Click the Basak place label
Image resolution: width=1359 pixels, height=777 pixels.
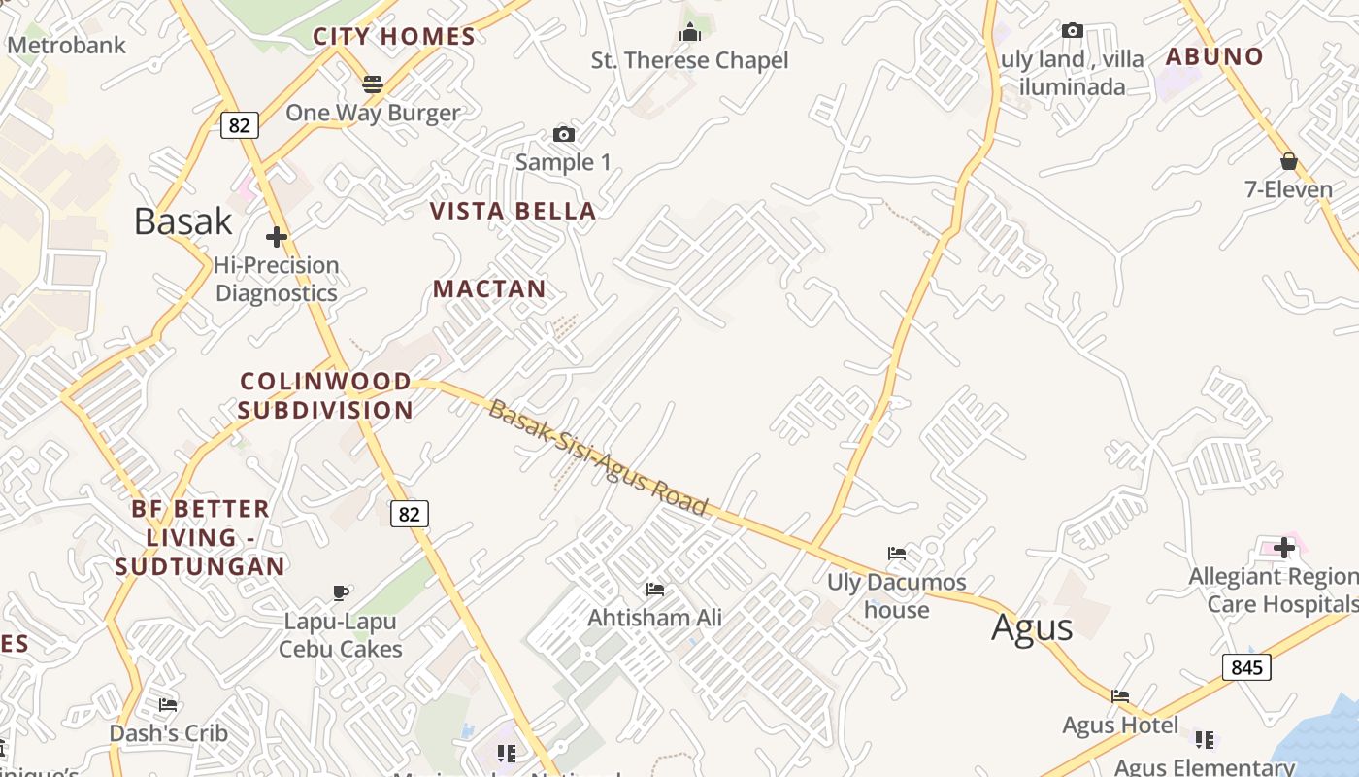pyautogui.click(x=182, y=221)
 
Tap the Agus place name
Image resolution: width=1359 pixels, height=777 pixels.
pyautogui.click(x=1032, y=627)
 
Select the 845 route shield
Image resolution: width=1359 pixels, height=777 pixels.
pyautogui.click(x=1245, y=666)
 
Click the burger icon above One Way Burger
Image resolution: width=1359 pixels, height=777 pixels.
pyautogui.click(x=372, y=84)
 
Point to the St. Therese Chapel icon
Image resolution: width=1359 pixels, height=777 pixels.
pyautogui.click(x=690, y=33)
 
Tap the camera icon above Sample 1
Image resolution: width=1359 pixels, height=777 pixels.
pyautogui.click(x=563, y=134)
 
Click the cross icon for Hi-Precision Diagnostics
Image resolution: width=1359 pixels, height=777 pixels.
pyautogui.click(x=277, y=236)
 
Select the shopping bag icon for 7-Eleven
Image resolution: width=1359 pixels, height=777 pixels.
pyautogui.click(x=1289, y=160)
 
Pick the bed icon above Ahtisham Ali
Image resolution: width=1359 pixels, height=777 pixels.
pyautogui.click(x=655, y=589)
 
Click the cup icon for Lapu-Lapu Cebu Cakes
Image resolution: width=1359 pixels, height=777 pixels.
pyautogui.click(x=341, y=591)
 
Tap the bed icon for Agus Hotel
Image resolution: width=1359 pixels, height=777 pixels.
pyautogui.click(x=1120, y=695)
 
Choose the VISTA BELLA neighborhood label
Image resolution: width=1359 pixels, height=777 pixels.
pyautogui.click(x=513, y=211)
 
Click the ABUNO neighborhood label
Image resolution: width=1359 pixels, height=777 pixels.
pyautogui.click(x=1214, y=56)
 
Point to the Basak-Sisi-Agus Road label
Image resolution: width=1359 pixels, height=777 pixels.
pyautogui.click(x=598, y=457)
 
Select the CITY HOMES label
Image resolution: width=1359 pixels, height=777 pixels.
pyautogui.click(x=393, y=37)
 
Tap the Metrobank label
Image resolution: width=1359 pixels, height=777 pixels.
pyautogui.click(x=66, y=45)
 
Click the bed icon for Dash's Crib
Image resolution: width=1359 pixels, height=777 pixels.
pyautogui.click(x=168, y=704)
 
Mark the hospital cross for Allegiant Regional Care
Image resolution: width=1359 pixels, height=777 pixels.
pyautogui.click(x=1284, y=548)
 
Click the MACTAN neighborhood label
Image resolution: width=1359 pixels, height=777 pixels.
pyautogui.click(x=489, y=288)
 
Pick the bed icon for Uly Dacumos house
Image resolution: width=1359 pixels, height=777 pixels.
pyautogui.click(x=897, y=554)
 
